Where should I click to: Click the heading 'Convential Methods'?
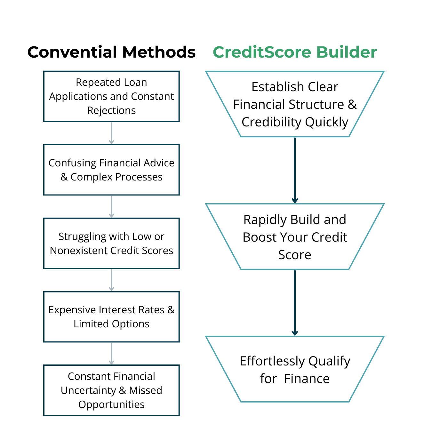111,52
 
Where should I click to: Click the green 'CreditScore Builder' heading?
295,52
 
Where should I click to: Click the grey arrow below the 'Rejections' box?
111,133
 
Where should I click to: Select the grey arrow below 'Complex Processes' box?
111,207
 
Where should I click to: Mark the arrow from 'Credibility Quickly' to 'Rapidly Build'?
295,170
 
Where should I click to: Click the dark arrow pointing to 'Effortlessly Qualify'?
295,303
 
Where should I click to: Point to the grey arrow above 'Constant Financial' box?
111,354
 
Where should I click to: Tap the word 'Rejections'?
111,110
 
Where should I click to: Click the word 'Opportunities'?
111,405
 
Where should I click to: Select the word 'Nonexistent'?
78,251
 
